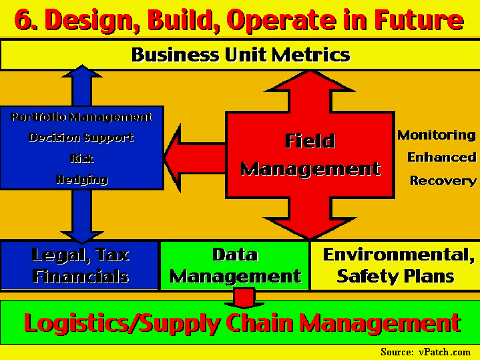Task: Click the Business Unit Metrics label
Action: pyautogui.click(x=240, y=55)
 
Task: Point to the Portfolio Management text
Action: pyautogui.click(x=81, y=117)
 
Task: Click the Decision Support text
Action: pyautogui.click(x=81, y=138)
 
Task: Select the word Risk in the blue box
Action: pyautogui.click(x=81, y=159)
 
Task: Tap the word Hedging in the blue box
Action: pyautogui.click(x=81, y=180)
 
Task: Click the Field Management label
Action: pyautogui.click(x=310, y=155)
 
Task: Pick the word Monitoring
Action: pyautogui.click(x=437, y=136)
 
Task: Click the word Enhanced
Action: pyautogui.click(x=442, y=158)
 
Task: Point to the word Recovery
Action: pyautogui.click(x=443, y=180)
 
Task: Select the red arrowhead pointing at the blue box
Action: pyautogui.click(x=173, y=158)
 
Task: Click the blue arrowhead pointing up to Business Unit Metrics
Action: pyautogui.click(x=82, y=71)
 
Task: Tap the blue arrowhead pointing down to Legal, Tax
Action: pyautogui.click(x=82, y=237)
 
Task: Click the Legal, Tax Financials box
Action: pyautogui.click(x=79, y=265)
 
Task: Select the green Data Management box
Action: pyautogui.click(x=235, y=265)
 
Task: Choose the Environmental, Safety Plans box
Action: pyautogui.click(x=395, y=265)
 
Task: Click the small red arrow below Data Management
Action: pyautogui.click(x=244, y=299)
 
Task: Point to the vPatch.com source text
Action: pyautogui.click(x=425, y=352)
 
